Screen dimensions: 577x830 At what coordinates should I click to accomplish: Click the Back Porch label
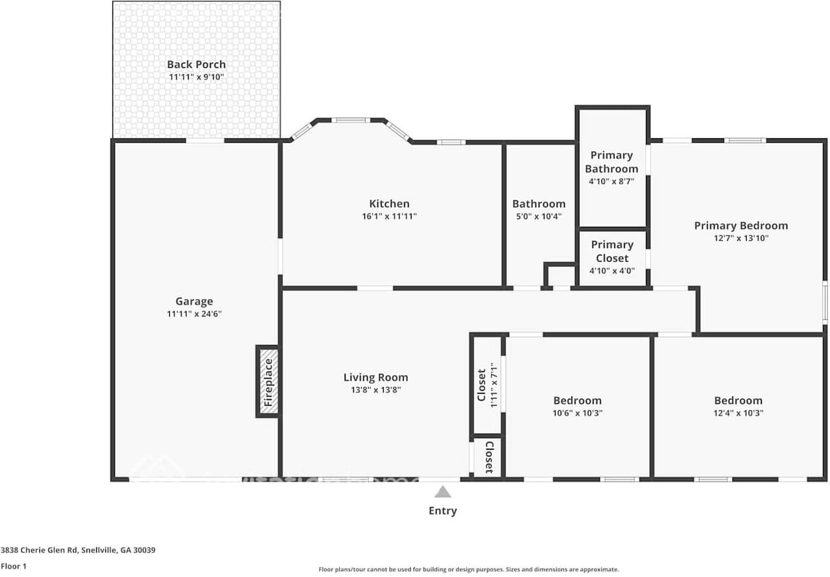click(x=196, y=64)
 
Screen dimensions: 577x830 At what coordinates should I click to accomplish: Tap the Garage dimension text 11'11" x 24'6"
click(x=195, y=314)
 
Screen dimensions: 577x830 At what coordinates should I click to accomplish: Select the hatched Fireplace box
click(x=268, y=381)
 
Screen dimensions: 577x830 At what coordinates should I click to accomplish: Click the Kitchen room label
click(x=389, y=204)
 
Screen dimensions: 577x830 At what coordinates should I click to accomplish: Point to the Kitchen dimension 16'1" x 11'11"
click(x=389, y=217)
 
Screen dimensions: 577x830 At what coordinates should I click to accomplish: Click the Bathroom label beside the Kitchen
click(x=539, y=204)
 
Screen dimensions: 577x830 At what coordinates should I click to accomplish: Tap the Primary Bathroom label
click(x=611, y=162)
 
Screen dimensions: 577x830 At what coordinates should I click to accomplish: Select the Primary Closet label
click(x=611, y=251)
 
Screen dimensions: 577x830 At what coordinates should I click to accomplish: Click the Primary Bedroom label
click(x=741, y=226)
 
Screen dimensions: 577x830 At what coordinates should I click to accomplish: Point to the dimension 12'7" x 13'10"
click(x=741, y=238)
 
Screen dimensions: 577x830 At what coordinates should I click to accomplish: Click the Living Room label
click(x=375, y=377)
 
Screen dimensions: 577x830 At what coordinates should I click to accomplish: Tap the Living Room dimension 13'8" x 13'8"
click(x=375, y=390)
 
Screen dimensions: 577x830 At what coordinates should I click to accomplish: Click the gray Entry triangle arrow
click(x=442, y=492)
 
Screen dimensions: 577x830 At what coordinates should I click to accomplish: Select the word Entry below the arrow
click(x=442, y=511)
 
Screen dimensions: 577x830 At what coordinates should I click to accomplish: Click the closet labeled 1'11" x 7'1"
click(x=486, y=385)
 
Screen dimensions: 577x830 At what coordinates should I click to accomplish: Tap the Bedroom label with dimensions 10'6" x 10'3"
click(x=577, y=401)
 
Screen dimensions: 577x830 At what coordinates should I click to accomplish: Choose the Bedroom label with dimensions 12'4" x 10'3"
click(x=738, y=401)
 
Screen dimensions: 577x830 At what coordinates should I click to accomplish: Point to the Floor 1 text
click(x=13, y=566)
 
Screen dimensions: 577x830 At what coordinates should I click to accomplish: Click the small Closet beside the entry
click(x=488, y=458)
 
